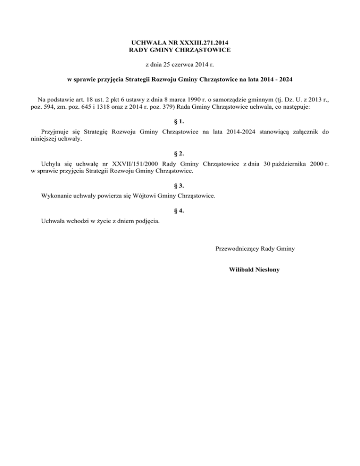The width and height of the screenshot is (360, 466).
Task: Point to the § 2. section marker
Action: [x=180, y=153]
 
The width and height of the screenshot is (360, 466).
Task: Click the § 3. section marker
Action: [x=180, y=185]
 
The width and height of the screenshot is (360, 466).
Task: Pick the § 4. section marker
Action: [x=180, y=211]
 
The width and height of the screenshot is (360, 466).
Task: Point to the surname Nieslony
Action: [x=268, y=270]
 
